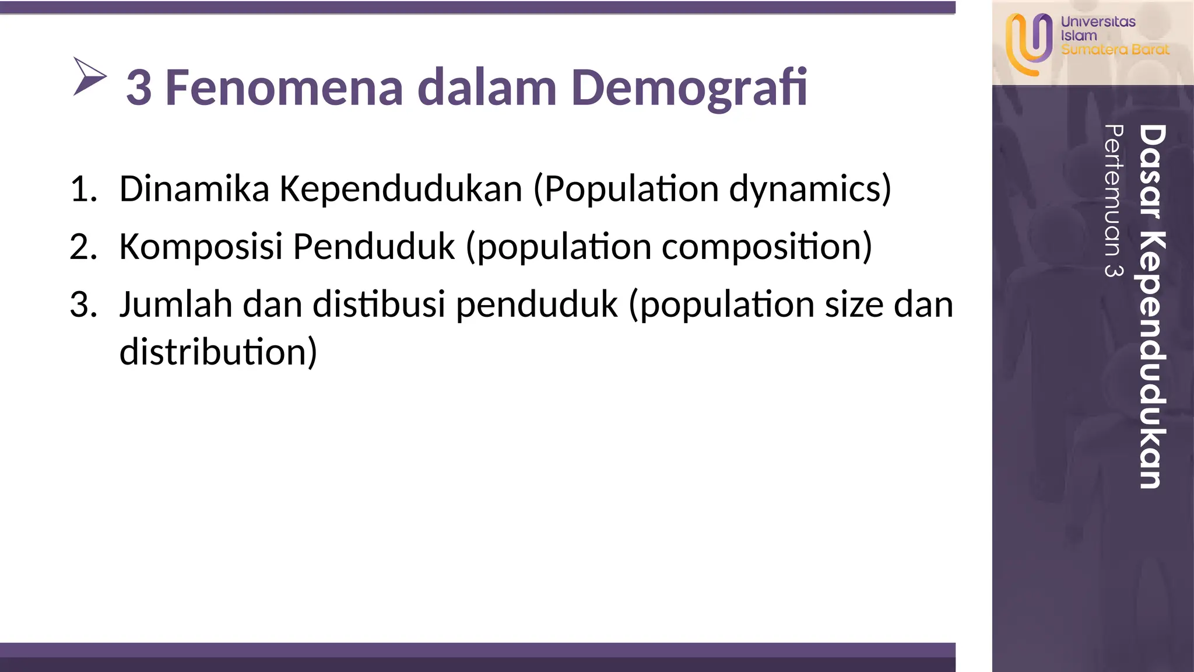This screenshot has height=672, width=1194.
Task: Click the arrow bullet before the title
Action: click(x=89, y=76)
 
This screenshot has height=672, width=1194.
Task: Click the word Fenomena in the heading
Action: click(x=284, y=88)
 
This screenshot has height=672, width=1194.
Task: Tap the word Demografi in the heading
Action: click(x=689, y=88)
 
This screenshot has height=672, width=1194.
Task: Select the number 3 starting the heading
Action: click(x=139, y=88)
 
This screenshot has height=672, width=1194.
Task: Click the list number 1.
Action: click(x=83, y=190)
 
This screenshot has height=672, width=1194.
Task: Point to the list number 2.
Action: click(x=83, y=247)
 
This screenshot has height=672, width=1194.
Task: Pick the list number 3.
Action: click(x=83, y=305)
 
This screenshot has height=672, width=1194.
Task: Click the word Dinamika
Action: click(x=194, y=190)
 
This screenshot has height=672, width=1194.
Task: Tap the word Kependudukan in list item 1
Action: click(x=401, y=190)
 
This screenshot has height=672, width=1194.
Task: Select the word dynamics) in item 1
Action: click(x=810, y=190)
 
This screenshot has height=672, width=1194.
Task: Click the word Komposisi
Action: click(x=201, y=247)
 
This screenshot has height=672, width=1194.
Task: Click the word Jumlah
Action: click(x=175, y=305)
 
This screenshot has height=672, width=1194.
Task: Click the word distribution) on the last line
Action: click(x=218, y=352)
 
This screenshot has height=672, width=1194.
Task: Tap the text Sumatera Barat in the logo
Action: click(x=1115, y=50)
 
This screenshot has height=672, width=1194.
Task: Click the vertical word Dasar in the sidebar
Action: click(x=1151, y=171)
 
